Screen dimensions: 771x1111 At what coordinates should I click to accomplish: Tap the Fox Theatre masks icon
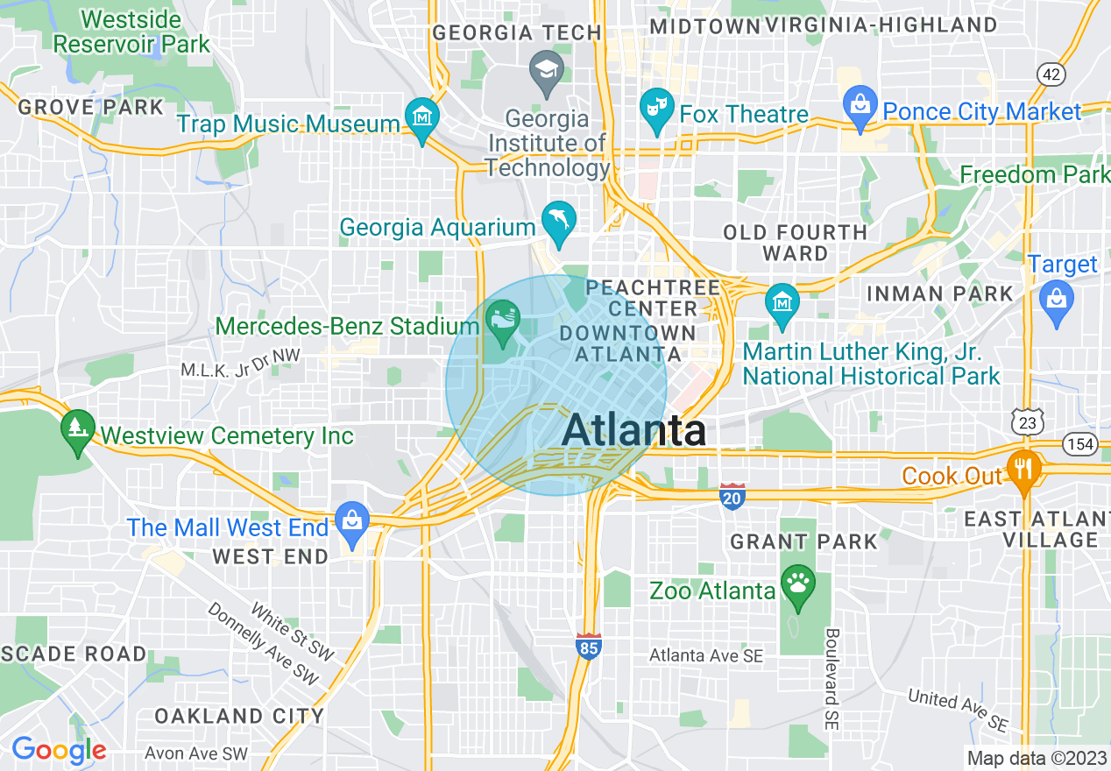pyautogui.click(x=655, y=109)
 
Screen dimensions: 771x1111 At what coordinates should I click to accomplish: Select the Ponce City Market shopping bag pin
pyautogui.click(x=860, y=106)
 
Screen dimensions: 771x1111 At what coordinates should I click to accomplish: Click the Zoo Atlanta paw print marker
pyautogui.click(x=798, y=585)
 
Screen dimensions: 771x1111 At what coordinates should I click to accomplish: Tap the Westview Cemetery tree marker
pyautogui.click(x=78, y=429)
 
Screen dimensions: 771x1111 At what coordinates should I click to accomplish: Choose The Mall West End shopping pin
pyautogui.click(x=351, y=522)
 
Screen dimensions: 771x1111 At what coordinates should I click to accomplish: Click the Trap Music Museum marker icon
pyautogui.click(x=422, y=117)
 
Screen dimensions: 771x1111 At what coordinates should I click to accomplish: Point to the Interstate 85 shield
pyautogui.click(x=588, y=647)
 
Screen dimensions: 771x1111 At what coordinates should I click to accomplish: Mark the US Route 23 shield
pyautogui.click(x=1027, y=422)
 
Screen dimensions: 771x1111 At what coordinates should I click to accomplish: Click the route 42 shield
pyautogui.click(x=1051, y=74)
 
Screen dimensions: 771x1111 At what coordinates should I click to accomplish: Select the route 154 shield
pyautogui.click(x=1080, y=444)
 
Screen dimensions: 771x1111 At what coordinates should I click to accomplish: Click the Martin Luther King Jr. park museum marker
pyautogui.click(x=782, y=303)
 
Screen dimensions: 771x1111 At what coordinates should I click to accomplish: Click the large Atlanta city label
pyautogui.click(x=634, y=430)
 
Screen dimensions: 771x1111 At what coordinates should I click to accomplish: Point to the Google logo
pyautogui.click(x=58, y=750)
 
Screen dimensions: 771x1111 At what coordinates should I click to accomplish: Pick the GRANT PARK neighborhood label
pyautogui.click(x=803, y=541)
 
